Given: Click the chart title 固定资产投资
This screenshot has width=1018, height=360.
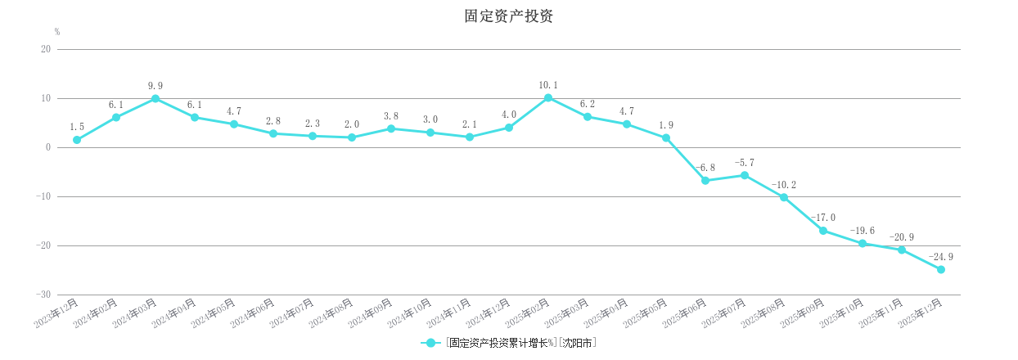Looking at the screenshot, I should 508,16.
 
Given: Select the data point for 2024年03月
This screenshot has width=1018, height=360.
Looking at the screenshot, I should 155,99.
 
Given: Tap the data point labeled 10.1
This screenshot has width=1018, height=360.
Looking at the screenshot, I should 548,98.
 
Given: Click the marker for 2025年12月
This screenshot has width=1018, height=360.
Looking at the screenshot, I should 941,269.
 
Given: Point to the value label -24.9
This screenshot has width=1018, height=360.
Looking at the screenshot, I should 941,257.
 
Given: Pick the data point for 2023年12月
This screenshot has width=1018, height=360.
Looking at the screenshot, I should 77,140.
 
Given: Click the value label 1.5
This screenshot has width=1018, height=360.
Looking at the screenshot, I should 77,127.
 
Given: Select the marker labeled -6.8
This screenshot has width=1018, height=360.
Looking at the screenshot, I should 705,181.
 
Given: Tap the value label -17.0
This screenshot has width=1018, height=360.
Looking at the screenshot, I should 823,218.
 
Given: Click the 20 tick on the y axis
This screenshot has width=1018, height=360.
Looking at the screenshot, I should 46,49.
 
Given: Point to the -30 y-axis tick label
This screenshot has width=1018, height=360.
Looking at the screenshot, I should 43,295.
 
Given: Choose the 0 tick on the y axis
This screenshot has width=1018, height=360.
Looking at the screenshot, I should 48,147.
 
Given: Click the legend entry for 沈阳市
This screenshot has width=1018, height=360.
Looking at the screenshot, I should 508,343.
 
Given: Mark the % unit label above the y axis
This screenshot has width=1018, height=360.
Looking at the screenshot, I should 57,32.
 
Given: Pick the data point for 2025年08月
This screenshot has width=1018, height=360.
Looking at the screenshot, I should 784,197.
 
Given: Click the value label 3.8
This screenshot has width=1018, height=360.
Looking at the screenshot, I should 391,116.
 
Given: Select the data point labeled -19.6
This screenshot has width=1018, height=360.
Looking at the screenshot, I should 863,243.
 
